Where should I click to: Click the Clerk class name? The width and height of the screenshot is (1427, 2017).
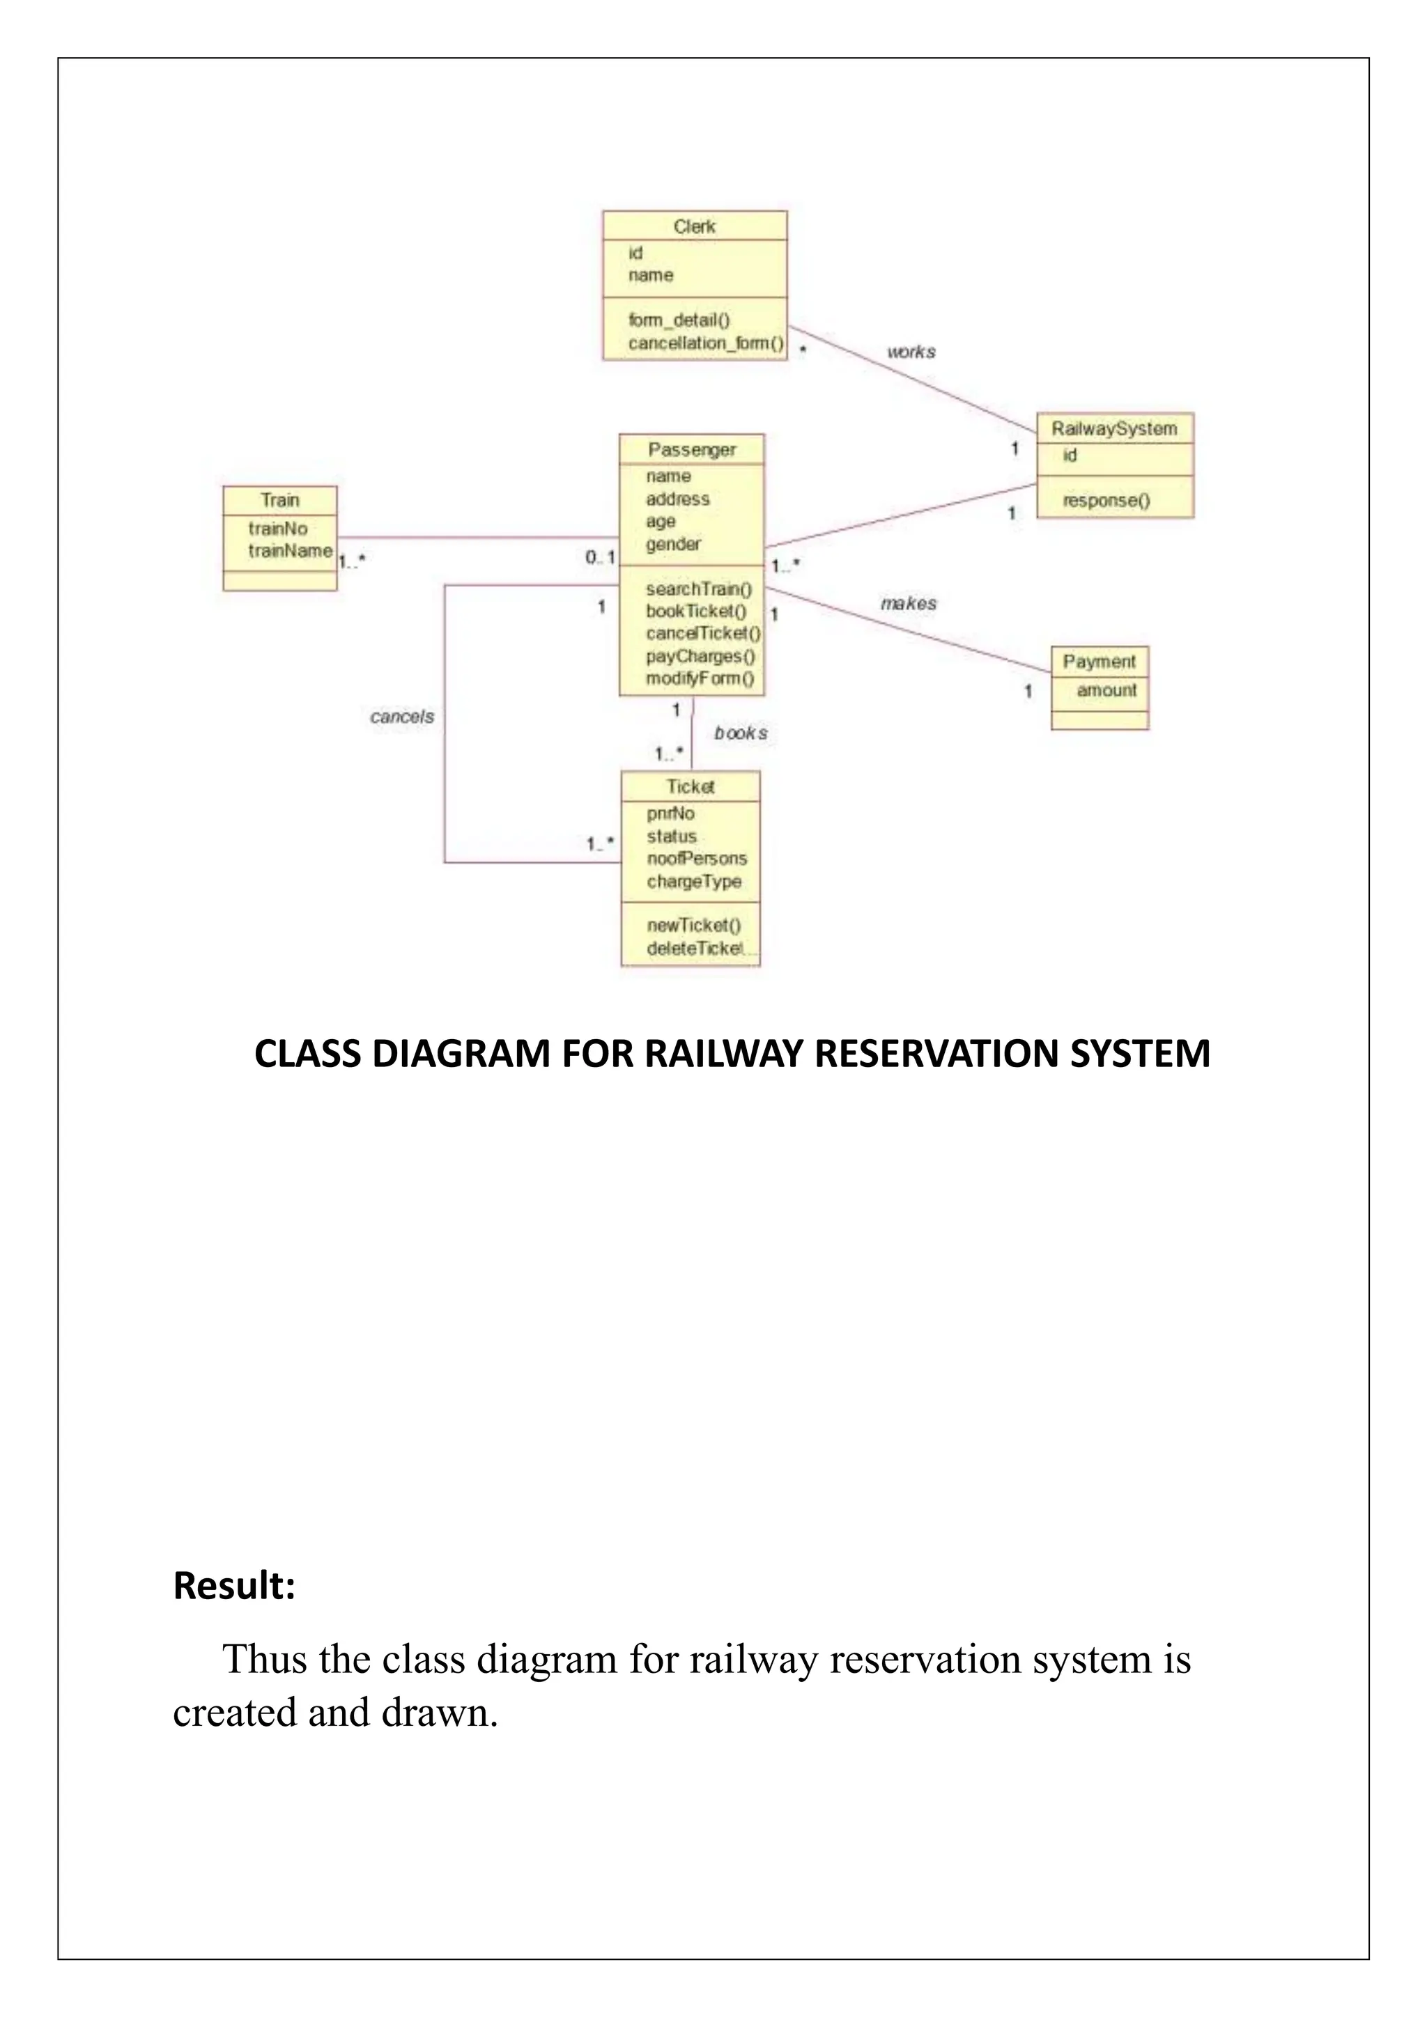coord(694,226)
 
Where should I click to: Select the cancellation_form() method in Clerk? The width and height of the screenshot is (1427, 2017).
coord(704,343)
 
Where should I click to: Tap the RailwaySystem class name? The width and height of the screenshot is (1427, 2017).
coord(1113,429)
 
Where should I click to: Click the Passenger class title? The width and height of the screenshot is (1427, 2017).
coord(691,450)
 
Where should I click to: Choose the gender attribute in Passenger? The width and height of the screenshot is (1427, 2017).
coord(673,544)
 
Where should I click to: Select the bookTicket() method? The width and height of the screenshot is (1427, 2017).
coord(696,611)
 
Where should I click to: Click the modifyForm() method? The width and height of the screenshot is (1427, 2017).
coord(700,678)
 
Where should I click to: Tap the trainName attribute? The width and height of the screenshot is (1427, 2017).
coord(290,551)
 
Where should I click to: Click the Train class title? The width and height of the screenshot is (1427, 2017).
coord(279,500)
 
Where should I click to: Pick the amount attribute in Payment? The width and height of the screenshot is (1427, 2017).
coord(1106,690)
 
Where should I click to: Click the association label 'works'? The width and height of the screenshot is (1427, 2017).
coord(911,352)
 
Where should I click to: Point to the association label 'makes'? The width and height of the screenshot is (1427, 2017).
coord(909,604)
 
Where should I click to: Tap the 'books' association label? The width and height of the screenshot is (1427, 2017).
coord(740,733)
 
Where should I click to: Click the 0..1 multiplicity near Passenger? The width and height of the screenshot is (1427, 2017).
coord(600,557)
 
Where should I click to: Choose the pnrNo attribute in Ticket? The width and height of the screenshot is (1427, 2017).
coord(670,813)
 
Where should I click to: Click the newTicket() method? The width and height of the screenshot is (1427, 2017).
coord(693,925)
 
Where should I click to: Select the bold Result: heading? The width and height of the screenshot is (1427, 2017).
coord(233,1586)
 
